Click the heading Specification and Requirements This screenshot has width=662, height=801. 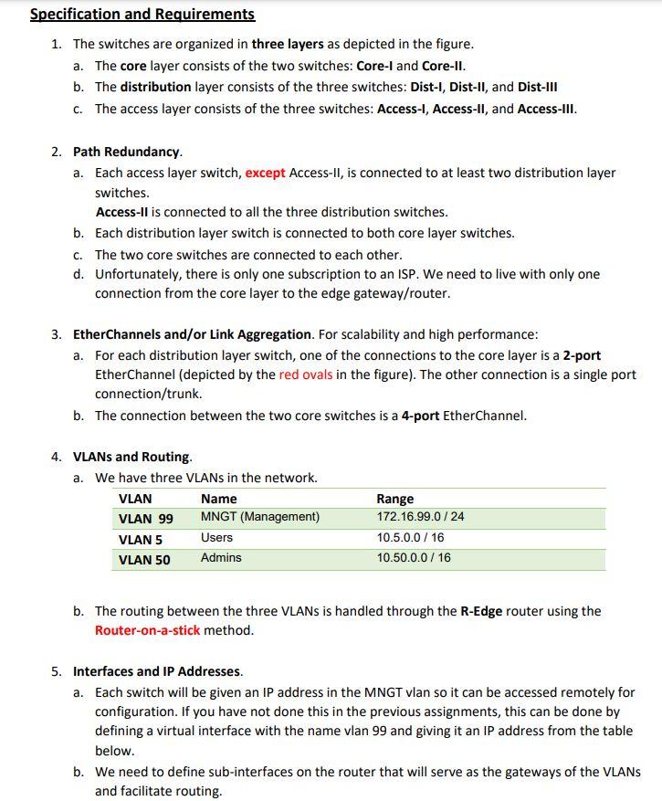coord(142,15)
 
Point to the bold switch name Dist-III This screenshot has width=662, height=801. coord(537,88)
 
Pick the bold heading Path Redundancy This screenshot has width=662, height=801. coord(128,151)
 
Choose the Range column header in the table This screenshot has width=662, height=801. coord(394,499)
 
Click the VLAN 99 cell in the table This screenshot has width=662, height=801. coord(146,518)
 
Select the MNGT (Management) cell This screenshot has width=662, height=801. coord(260,517)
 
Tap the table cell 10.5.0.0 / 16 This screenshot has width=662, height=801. coord(413,538)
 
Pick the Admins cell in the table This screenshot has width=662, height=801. coord(221,557)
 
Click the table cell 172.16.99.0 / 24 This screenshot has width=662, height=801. coord(420,517)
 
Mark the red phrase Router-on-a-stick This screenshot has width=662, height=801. coord(147,630)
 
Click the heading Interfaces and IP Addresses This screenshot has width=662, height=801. coord(157,671)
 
